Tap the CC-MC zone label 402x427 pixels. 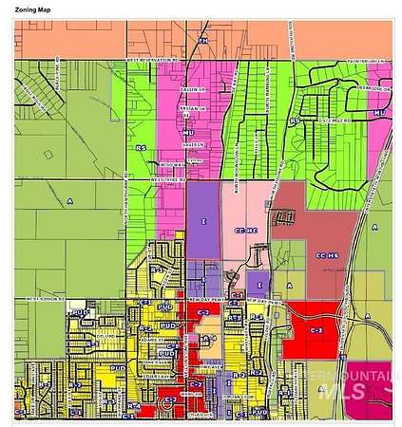(245, 231)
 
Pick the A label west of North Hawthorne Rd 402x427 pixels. (69, 201)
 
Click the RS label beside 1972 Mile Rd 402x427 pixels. (297, 122)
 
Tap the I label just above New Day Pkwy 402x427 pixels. (259, 282)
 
